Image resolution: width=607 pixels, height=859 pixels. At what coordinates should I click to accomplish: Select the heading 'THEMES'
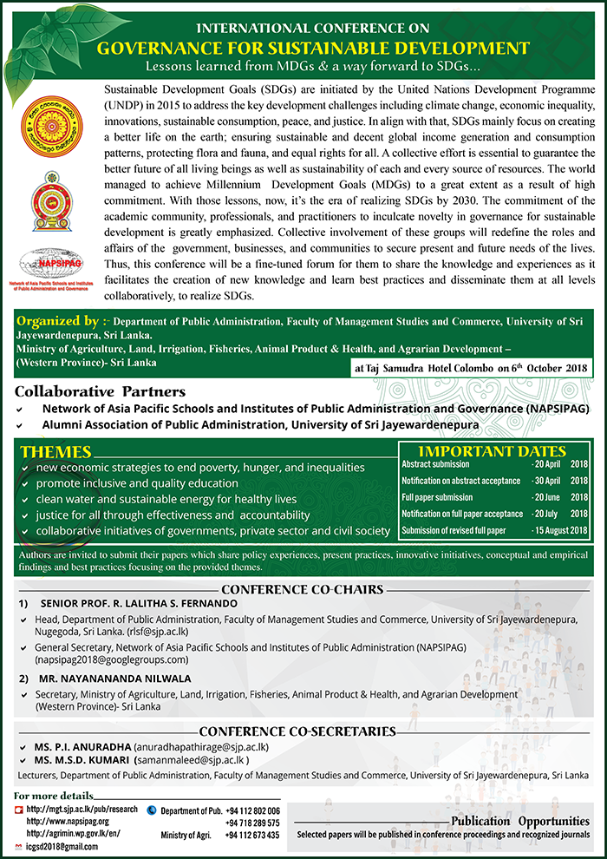point(55,452)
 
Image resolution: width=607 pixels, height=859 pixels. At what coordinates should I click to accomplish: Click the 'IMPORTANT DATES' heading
point(492,452)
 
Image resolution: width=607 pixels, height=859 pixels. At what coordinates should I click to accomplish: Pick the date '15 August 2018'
point(560,530)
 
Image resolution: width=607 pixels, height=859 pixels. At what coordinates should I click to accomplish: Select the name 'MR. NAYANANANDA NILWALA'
point(114,679)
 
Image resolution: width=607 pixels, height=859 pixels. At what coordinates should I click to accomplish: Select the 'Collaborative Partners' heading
point(101,391)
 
